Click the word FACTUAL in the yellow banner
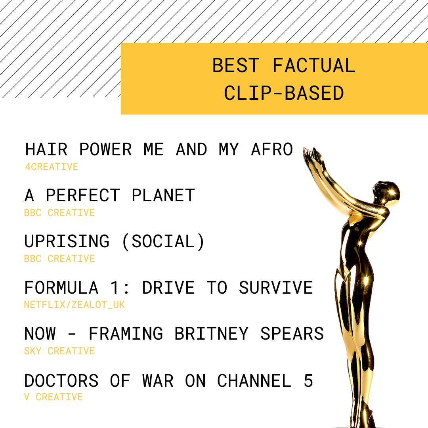(x=313, y=66)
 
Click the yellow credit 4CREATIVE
(x=52, y=167)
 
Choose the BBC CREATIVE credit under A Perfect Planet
(x=59, y=213)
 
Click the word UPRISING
(x=67, y=242)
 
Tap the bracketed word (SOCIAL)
(x=163, y=242)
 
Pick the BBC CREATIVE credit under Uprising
(x=59, y=259)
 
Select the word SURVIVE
(x=275, y=288)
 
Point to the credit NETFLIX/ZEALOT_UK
(x=74, y=305)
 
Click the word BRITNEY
(x=211, y=334)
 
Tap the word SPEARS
(x=292, y=334)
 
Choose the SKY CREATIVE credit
(x=59, y=351)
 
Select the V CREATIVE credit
(x=53, y=397)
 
